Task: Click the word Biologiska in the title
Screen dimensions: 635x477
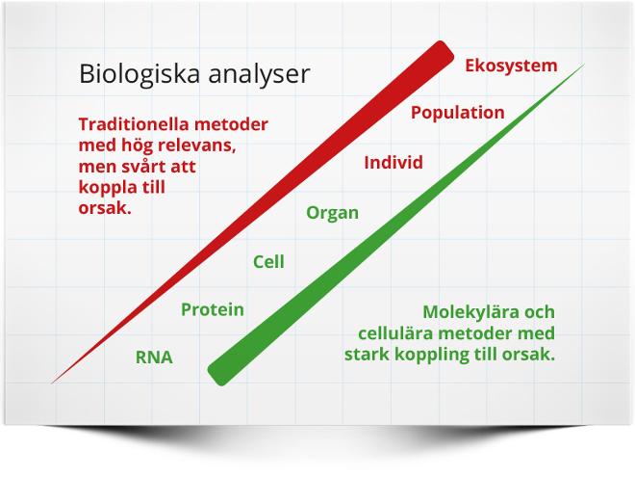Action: point(140,74)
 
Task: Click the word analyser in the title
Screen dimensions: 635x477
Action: point(259,75)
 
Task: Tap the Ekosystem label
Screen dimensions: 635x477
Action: point(511,66)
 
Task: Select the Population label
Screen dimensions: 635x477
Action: point(458,113)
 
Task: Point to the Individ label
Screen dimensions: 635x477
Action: point(394,163)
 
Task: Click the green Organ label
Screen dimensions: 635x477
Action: point(333,213)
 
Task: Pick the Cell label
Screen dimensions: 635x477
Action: point(268,262)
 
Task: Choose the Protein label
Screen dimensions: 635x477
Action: point(213,310)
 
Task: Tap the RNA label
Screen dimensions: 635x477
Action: point(154,358)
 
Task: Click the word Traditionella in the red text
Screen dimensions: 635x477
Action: point(130,124)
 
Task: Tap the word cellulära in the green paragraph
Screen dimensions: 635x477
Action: point(395,333)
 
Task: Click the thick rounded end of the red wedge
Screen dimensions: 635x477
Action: point(444,52)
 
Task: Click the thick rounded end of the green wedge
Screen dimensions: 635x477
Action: point(217,374)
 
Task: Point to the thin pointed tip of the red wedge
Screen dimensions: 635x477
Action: point(51,383)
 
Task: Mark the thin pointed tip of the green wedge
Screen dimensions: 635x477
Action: point(584,65)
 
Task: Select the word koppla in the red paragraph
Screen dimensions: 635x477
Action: point(106,188)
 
